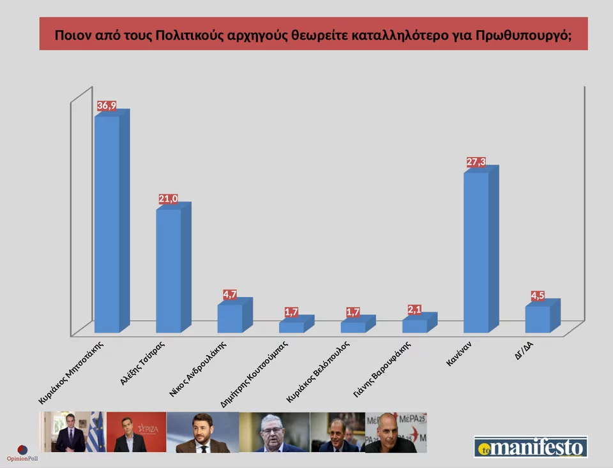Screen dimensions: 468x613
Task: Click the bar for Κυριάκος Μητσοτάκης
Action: [107, 223]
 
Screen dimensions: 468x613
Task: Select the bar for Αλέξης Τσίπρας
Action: [169, 270]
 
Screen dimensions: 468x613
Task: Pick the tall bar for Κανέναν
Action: [476, 252]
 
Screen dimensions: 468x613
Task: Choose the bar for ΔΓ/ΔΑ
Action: [538, 318]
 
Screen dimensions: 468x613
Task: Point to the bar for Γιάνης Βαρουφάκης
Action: [414, 325]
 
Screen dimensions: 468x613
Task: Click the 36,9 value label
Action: [107, 105]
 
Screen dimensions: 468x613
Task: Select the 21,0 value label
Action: [168, 200]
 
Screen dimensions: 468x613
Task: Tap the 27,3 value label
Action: [476, 163]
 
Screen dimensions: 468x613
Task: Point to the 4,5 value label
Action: [538, 296]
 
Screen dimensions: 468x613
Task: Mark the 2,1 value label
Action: [415, 309]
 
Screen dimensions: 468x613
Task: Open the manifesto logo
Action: [530, 446]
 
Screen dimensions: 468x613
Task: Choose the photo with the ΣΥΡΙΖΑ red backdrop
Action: [136, 432]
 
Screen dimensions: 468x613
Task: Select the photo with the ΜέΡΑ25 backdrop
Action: [395, 432]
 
